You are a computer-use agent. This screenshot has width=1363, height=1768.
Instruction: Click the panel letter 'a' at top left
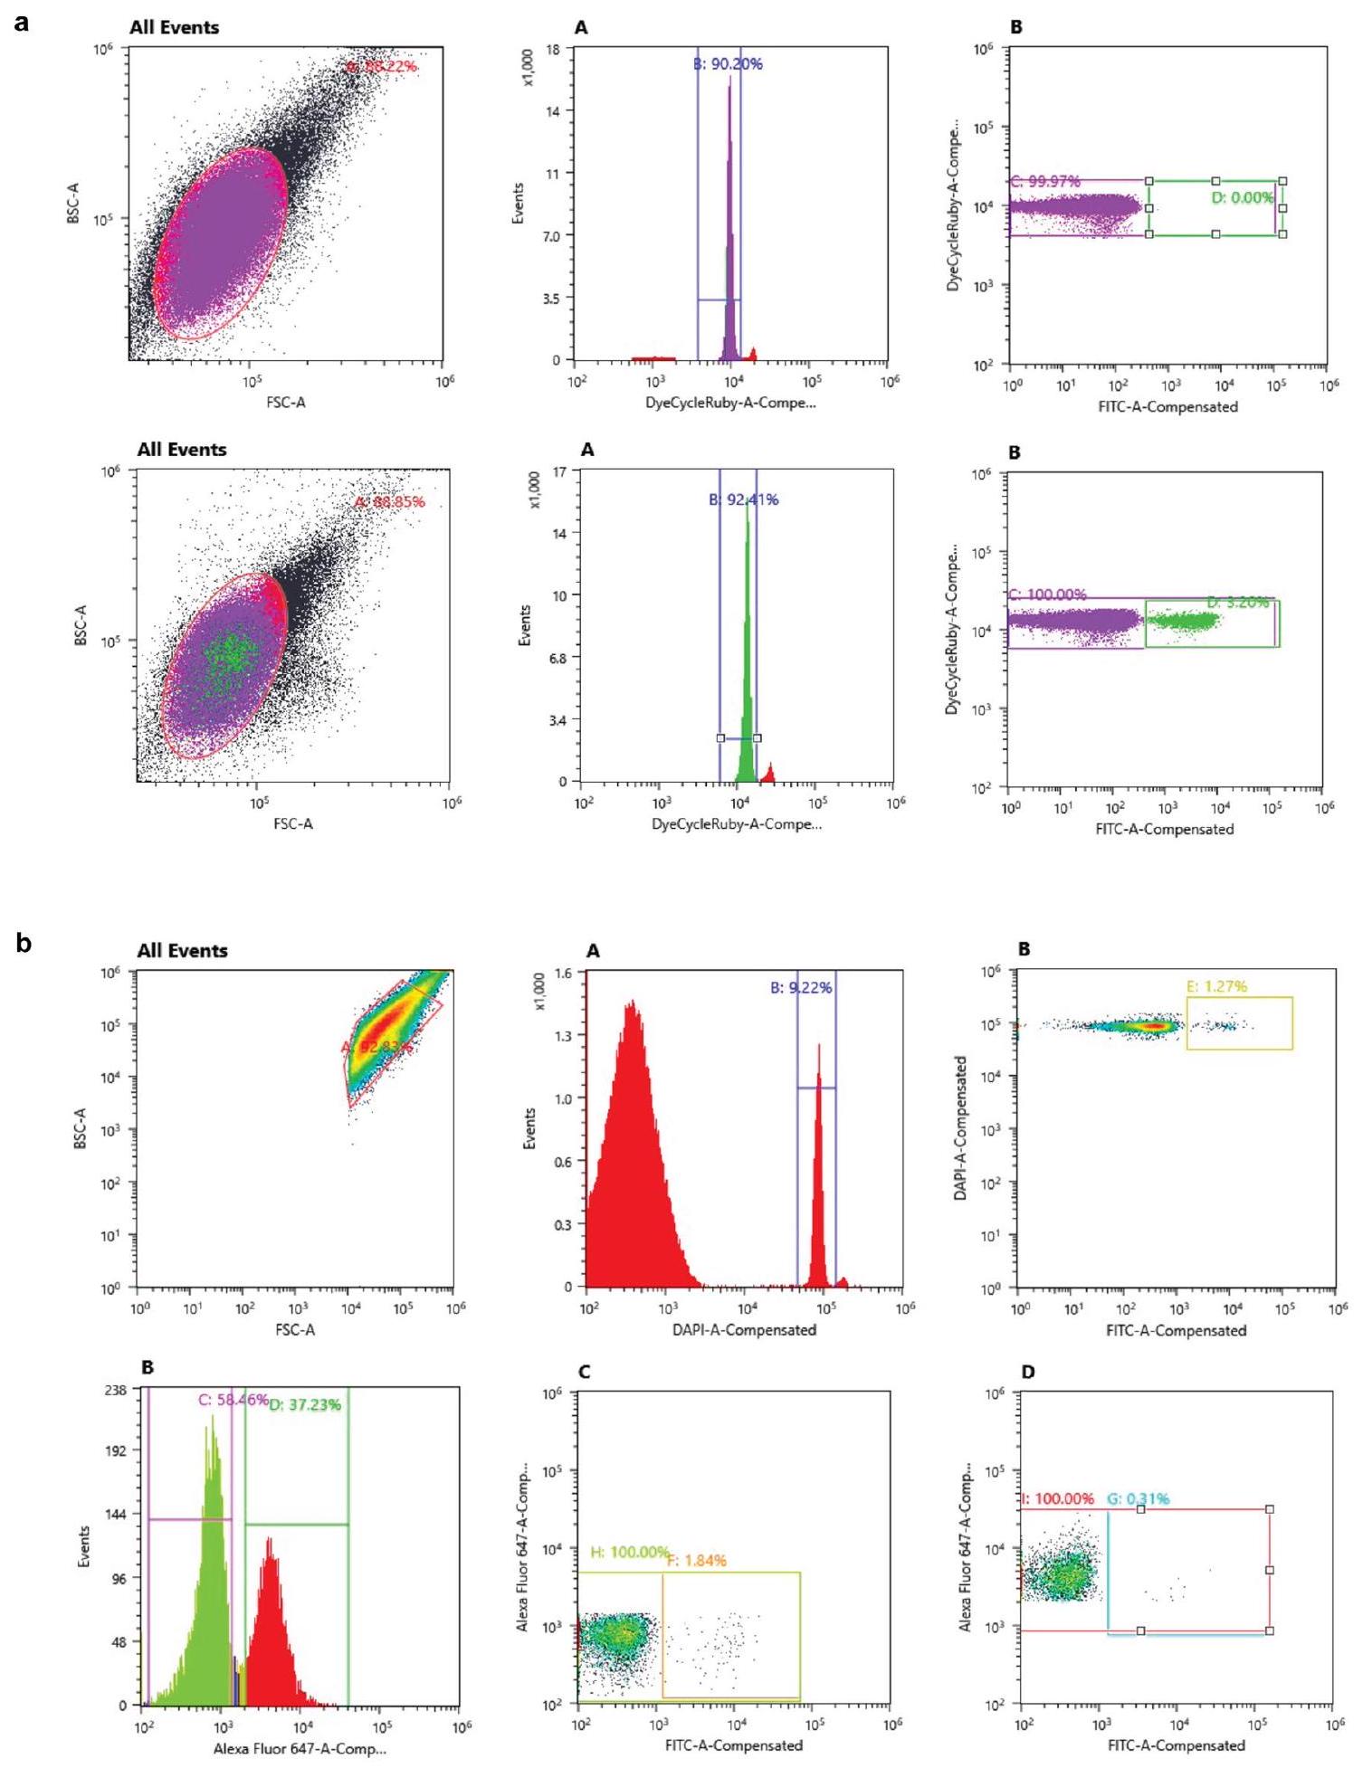pos(22,22)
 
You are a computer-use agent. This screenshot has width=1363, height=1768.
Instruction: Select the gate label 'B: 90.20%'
pos(728,64)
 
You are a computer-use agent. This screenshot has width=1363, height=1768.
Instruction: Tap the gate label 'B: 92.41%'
pos(743,499)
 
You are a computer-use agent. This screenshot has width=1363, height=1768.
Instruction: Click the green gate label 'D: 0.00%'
pos(1243,197)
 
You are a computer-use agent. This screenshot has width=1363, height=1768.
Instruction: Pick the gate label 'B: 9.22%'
pos(801,987)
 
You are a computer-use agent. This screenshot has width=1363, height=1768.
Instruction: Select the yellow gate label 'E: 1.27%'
pos(1216,986)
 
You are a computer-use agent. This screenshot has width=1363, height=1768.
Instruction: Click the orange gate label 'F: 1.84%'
pos(697,1560)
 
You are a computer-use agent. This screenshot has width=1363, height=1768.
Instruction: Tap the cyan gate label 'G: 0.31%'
pos(1138,1498)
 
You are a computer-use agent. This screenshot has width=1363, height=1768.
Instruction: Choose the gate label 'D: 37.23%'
pos(305,1404)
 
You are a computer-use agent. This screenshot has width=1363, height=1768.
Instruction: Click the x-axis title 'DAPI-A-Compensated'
pos(744,1329)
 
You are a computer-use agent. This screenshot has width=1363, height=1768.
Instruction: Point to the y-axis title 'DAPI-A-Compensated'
pos(960,1127)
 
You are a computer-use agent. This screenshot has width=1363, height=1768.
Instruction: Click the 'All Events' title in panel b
pos(182,950)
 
